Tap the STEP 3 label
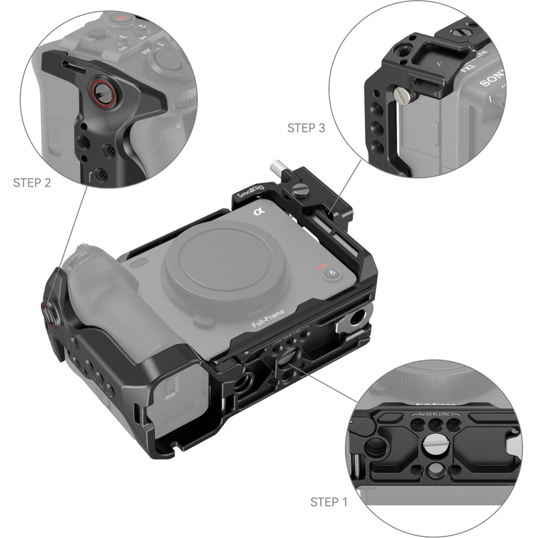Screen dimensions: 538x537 pyautogui.click(x=306, y=128)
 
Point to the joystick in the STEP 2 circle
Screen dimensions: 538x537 pyautogui.click(x=165, y=60)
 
